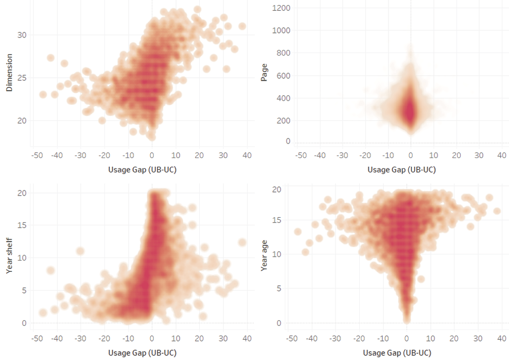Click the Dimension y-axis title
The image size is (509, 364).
(x=9, y=77)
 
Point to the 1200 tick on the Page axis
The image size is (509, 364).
(x=281, y=8)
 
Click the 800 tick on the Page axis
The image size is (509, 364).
(x=283, y=53)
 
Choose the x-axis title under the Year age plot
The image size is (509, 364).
(x=397, y=353)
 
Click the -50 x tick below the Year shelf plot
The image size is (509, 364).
(x=37, y=339)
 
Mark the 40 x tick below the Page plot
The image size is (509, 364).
(x=502, y=155)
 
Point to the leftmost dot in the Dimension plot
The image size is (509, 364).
(x=43, y=95)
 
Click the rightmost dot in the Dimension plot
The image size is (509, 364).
(x=242, y=26)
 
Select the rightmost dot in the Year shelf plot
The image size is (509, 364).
(x=242, y=242)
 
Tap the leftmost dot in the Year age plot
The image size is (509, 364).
(x=297, y=232)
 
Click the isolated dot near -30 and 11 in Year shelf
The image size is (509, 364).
(x=80, y=251)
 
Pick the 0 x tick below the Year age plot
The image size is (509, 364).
(x=407, y=339)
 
